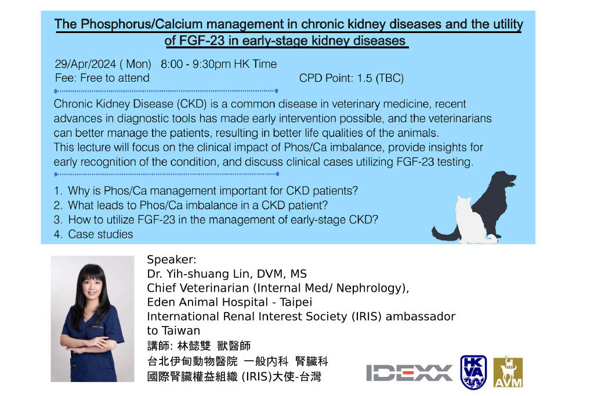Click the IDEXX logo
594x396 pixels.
[410, 373]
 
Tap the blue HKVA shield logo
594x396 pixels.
[473, 372]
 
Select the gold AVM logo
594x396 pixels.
[508, 372]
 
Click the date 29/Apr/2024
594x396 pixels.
[85, 64]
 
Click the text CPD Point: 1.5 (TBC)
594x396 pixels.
[351, 78]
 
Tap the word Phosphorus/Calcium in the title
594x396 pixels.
[142, 24]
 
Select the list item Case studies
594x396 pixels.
[100, 234]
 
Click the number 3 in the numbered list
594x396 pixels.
[57, 220]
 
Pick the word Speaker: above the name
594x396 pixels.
[172, 260]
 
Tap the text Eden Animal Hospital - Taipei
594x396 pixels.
[230, 302]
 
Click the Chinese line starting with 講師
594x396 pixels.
[199, 346]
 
